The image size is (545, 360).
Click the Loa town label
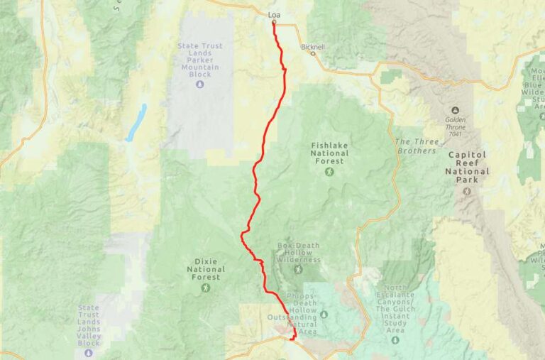(274, 14)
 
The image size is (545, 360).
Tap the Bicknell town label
(313, 47)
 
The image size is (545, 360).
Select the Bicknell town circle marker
(313, 53)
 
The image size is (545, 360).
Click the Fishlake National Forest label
(329, 153)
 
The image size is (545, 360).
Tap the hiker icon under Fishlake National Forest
(329, 172)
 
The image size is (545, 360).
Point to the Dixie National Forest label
(206, 269)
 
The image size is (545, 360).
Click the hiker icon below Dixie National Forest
(206, 288)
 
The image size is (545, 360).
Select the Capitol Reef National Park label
(467, 167)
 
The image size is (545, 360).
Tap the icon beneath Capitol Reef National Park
(466, 192)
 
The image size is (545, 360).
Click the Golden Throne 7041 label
(455, 126)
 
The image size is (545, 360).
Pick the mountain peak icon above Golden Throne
(455, 110)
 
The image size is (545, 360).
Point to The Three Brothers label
(416, 146)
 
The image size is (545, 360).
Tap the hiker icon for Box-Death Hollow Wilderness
(298, 268)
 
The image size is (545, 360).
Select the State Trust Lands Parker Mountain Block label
(199, 60)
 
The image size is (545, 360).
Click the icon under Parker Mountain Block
(199, 84)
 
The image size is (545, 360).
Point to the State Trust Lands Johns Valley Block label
(89, 325)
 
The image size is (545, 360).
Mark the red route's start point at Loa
(274, 23)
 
